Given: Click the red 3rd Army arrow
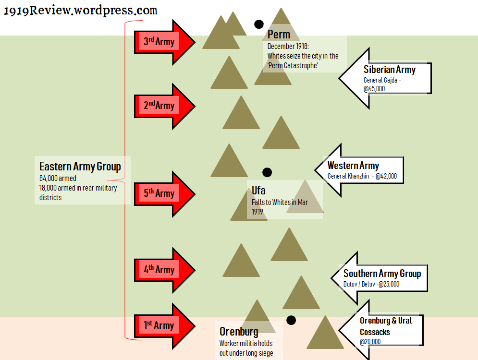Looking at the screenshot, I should [x=163, y=42].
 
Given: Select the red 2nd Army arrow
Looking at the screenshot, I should [x=163, y=106].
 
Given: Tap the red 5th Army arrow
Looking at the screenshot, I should [x=163, y=194].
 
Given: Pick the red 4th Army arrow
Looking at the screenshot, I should [x=163, y=270].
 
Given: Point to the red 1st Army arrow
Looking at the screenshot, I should [x=163, y=325].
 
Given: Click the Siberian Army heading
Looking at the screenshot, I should [x=389, y=70].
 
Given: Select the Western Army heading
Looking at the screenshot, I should [x=353, y=166].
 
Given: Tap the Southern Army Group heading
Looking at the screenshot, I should [x=382, y=274].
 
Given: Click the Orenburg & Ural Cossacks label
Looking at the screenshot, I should [x=385, y=326].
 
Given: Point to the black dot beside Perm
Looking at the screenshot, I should [x=259, y=24].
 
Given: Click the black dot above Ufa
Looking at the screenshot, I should [x=267, y=172].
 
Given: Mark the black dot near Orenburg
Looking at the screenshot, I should [x=291, y=320].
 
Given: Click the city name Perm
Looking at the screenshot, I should [x=279, y=35].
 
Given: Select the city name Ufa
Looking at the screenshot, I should [x=258, y=191].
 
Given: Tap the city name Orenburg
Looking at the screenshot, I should [x=239, y=332].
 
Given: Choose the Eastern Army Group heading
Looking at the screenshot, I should [x=80, y=167].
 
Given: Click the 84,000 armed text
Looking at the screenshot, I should [x=58, y=179].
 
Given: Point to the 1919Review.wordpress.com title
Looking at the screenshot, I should [x=80, y=11].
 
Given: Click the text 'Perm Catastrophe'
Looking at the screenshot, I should [x=293, y=65].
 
